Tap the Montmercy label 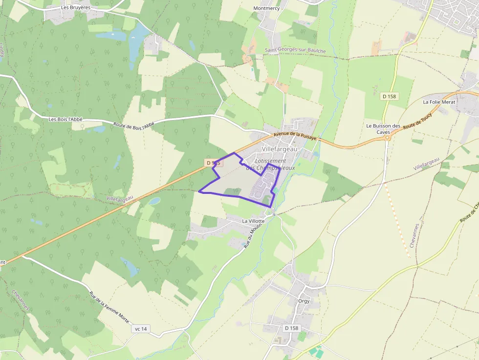point(267,8)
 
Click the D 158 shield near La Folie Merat point(389,96)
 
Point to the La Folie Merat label point(439,102)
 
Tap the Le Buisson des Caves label point(383,129)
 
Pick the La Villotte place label point(253,221)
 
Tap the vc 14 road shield point(140,329)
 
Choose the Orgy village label point(304,301)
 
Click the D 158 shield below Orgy point(291,328)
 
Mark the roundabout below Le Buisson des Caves point(388,138)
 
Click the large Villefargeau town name point(280,148)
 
